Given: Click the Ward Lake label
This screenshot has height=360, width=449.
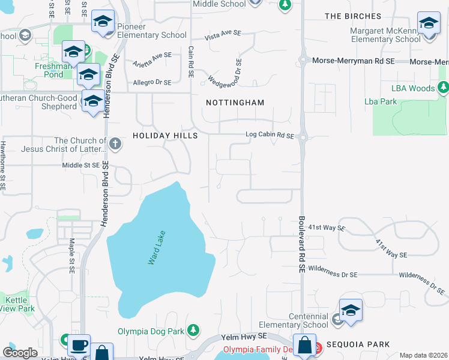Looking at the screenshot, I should pyautogui.click(x=157, y=247).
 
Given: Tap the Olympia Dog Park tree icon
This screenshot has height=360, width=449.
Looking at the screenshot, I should pyautogui.click(x=193, y=330).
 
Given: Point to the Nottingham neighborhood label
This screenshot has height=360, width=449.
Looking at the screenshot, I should pyautogui.click(x=235, y=103).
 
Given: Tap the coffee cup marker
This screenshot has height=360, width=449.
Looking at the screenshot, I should pyautogui.click(x=79, y=346).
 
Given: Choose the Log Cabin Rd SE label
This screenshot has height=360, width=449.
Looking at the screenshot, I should pyautogui.click(x=270, y=136).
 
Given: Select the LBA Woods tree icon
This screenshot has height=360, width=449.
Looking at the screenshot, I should pyautogui.click(x=444, y=88).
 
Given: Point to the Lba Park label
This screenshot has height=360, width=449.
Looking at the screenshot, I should pyautogui.click(x=381, y=101).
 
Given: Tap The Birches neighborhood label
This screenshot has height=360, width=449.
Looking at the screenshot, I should pyautogui.click(x=352, y=16).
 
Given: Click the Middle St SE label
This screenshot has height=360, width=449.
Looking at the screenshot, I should pyautogui.click(x=80, y=165).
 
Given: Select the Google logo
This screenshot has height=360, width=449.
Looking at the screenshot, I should pyautogui.click(x=20, y=352).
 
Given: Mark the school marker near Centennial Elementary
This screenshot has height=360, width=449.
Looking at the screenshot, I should pyautogui.click(x=351, y=310).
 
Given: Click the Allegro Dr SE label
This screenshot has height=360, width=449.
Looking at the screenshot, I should pyautogui.click(x=152, y=82).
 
